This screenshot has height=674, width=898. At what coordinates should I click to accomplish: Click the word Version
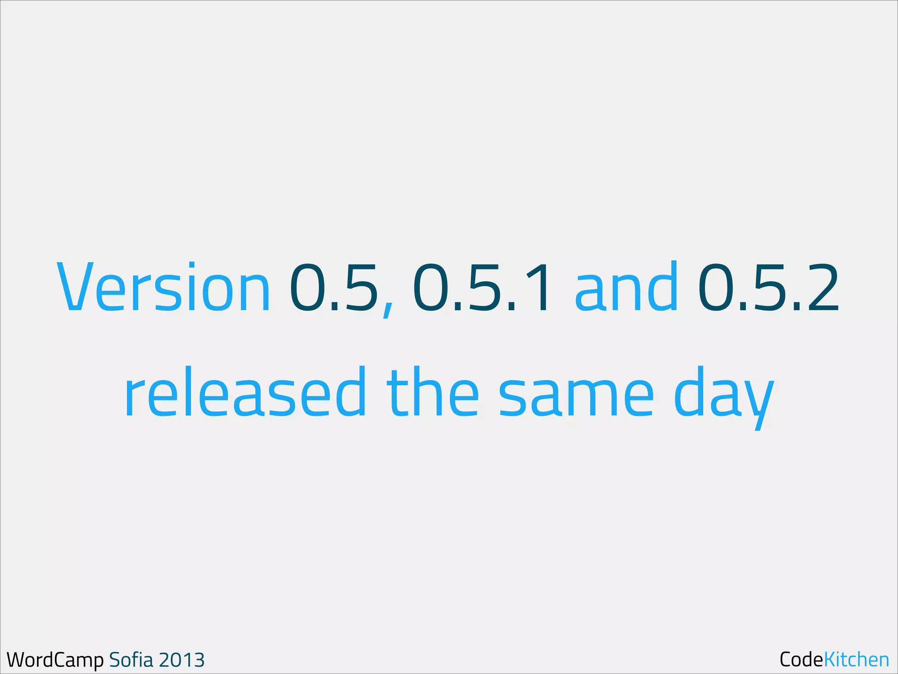(x=164, y=287)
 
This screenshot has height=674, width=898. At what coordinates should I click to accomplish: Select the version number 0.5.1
(x=481, y=287)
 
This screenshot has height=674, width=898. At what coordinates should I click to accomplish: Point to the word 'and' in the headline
(x=626, y=287)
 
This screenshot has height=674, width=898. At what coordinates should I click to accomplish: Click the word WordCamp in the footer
(x=55, y=660)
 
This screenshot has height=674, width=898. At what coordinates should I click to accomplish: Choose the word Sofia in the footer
(x=131, y=660)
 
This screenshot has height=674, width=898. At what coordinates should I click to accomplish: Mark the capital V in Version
(x=75, y=287)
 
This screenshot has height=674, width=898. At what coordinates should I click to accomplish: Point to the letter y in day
(x=758, y=402)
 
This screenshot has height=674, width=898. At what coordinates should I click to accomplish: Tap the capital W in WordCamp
(x=18, y=660)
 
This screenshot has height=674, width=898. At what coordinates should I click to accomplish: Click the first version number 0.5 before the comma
(x=334, y=287)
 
